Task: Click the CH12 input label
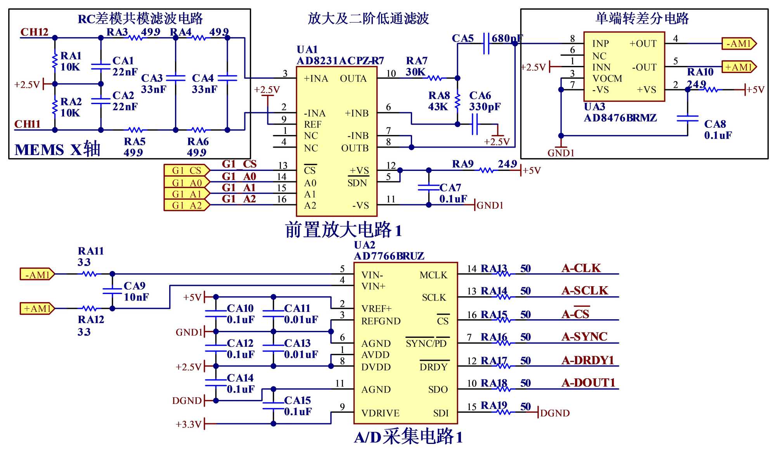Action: point(34,32)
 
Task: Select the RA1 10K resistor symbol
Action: point(55,61)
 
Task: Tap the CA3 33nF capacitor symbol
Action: point(176,78)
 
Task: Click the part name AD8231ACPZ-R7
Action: point(340,61)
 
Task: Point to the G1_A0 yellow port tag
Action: point(187,182)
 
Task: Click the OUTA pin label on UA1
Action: point(353,78)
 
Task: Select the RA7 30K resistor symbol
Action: point(435,78)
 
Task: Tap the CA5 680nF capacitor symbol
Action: point(486,43)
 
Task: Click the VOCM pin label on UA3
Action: point(607,78)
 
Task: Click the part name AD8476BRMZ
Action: point(620,118)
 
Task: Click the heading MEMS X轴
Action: point(57,150)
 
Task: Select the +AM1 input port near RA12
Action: point(37,308)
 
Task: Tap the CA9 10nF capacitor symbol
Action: point(112,291)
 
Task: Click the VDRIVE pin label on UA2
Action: point(380,413)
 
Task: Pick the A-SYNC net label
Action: point(584,337)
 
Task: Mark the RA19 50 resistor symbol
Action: point(504,412)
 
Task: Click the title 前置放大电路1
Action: point(343,230)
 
